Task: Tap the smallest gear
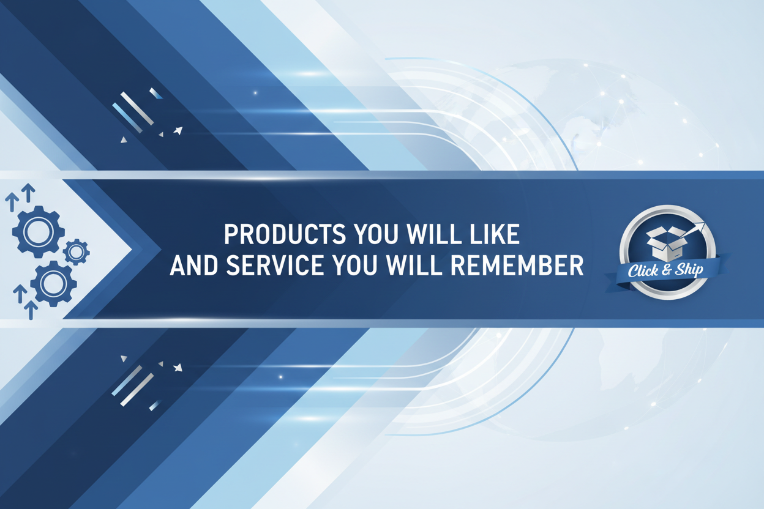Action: (77, 251)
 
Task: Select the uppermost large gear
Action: (39, 231)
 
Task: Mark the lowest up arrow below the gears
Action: (30, 310)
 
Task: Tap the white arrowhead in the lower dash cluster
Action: (178, 368)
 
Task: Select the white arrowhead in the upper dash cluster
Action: (178, 130)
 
